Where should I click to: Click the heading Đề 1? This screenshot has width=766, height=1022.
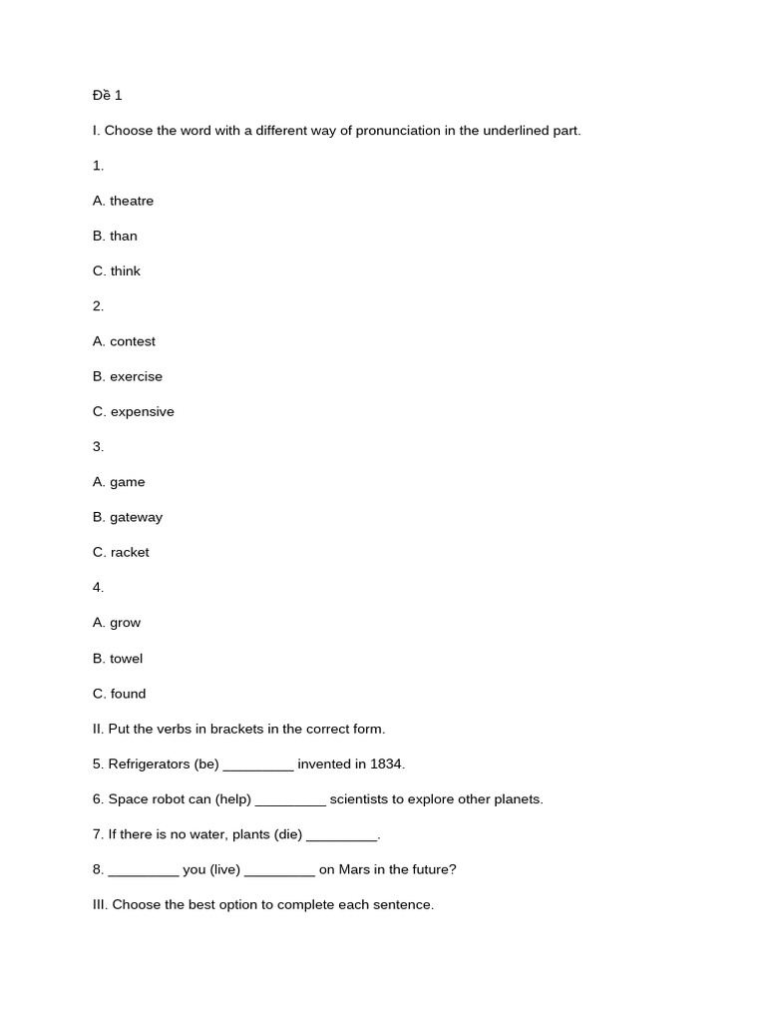[107, 96]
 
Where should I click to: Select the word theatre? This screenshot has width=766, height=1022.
[132, 201]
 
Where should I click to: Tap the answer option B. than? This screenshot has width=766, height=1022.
[115, 236]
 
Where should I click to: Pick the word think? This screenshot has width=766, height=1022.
[126, 271]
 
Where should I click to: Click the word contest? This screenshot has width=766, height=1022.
[133, 341]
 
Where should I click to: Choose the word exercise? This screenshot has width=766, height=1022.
[136, 376]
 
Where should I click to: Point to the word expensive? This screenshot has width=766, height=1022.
[143, 412]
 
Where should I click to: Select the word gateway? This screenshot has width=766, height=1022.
[136, 517]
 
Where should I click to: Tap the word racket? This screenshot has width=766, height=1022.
[130, 553]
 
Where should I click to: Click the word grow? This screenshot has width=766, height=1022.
[126, 623]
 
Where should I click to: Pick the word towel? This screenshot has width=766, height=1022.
[127, 659]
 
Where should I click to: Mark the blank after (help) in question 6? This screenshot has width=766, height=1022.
[290, 800]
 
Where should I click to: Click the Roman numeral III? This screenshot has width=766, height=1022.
[100, 905]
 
